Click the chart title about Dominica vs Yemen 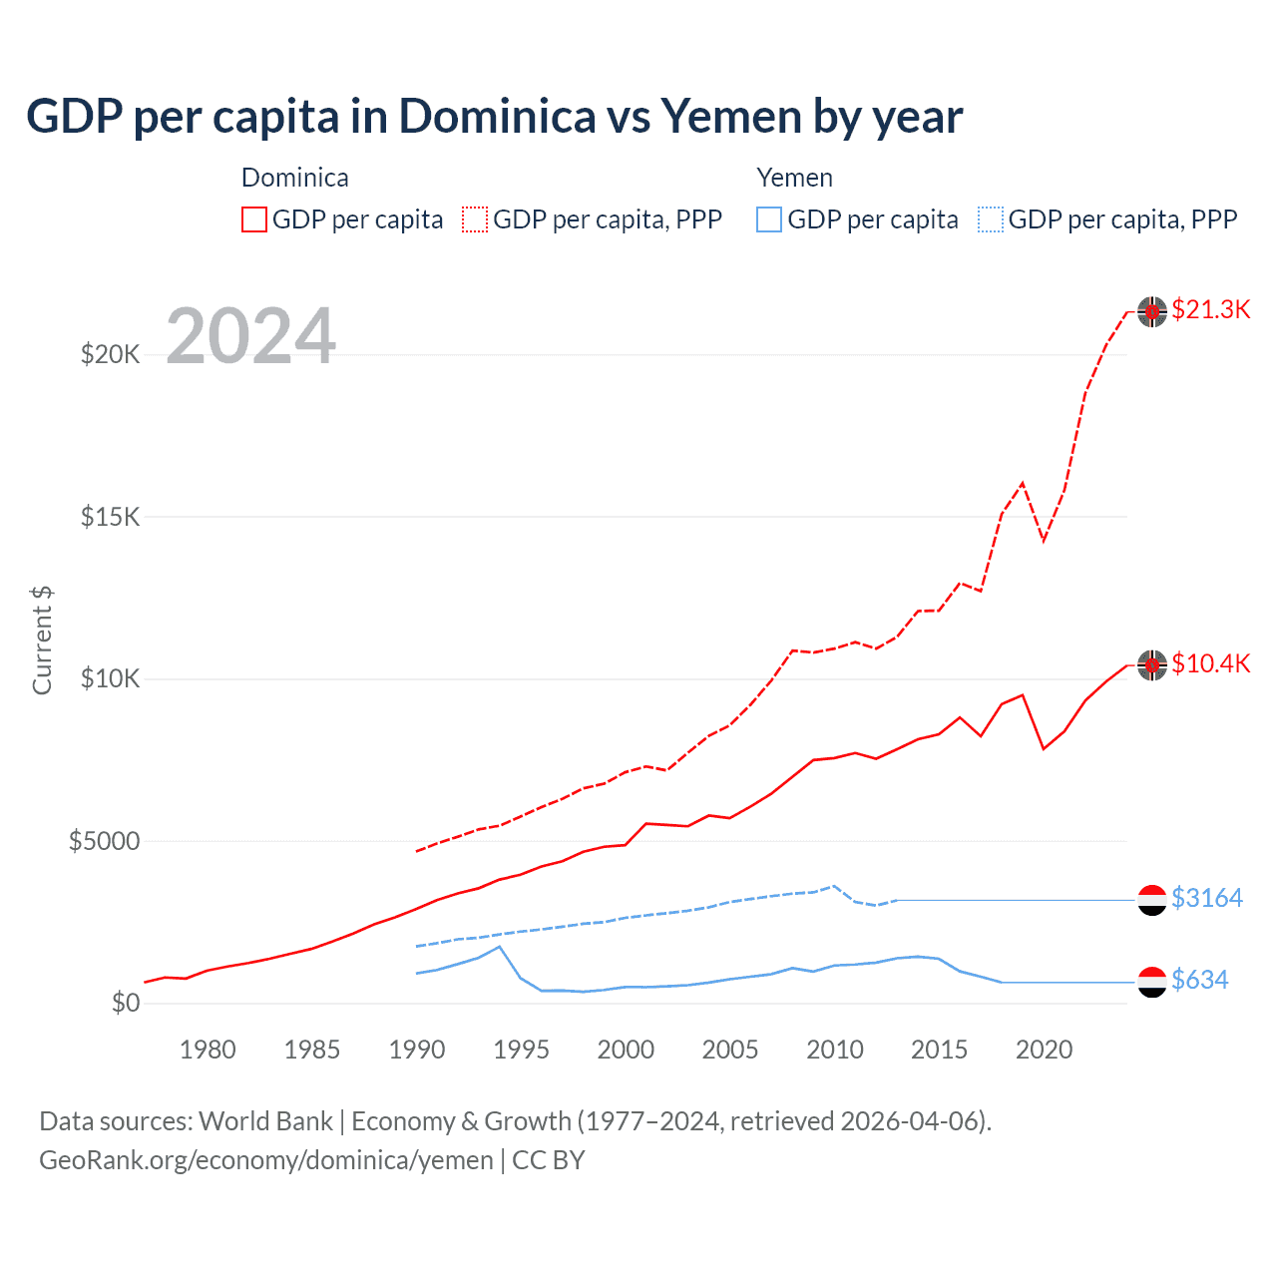494,117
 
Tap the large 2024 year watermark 250,336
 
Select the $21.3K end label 1210,310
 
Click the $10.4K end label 1210,664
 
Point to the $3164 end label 1206,899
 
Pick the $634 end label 1199,981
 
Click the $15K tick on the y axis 110,517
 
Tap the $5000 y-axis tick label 104,841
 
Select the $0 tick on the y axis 125,1004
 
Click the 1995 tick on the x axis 521,1050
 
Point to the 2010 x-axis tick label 835,1050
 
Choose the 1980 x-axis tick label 208,1050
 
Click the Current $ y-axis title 42,640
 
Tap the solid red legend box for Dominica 254,219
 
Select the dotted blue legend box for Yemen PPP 991,219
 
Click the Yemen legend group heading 794,178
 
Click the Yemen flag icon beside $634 1152,982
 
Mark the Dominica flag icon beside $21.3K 1152,311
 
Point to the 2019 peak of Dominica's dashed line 1023,483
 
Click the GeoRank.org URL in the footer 266,1160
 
